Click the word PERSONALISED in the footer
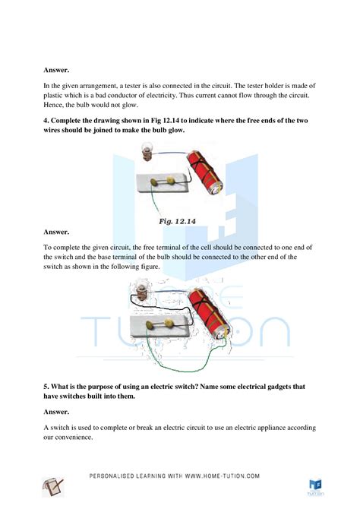point(112,476)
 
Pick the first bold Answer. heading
point(56,70)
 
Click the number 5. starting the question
point(46,386)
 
